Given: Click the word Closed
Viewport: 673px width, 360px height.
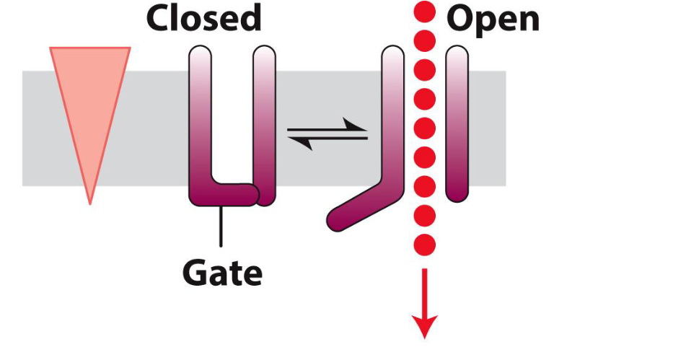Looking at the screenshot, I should pyautogui.click(x=203, y=19).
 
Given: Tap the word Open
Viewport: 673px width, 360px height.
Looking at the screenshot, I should pyautogui.click(x=493, y=19).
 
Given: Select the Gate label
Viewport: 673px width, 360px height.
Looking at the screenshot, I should pyautogui.click(x=221, y=273).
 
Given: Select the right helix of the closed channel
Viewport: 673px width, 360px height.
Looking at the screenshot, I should pyautogui.click(x=265, y=123).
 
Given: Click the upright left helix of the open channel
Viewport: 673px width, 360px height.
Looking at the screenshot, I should pyautogui.click(x=392, y=115).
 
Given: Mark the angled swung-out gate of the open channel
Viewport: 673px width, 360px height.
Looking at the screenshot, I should pyautogui.click(x=357, y=207).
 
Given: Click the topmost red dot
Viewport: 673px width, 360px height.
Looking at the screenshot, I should pyautogui.click(x=426, y=12).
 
